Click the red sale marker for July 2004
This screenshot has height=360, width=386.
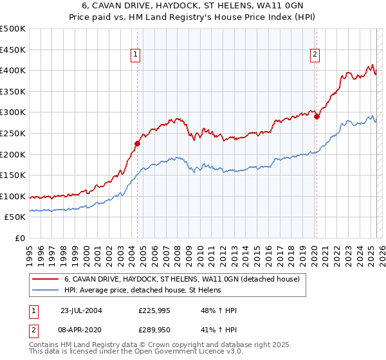137,143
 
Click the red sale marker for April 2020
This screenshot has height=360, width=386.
316,116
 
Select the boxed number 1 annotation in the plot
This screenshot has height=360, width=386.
136,55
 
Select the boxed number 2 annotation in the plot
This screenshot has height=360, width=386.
315,55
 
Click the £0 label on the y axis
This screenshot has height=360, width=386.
19,238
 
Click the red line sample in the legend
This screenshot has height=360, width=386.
46,280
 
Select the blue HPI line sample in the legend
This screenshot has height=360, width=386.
46,291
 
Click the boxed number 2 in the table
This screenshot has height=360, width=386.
33,329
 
